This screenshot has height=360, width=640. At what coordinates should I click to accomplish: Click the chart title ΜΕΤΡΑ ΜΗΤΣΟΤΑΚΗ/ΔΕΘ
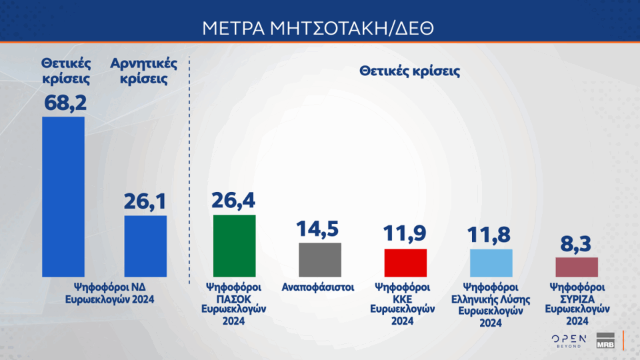pyautogui.click(x=318, y=28)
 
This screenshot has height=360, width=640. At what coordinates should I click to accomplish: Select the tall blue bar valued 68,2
pyautogui.click(x=63, y=197)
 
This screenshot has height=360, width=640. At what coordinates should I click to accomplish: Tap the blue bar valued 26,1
pyautogui.click(x=145, y=246)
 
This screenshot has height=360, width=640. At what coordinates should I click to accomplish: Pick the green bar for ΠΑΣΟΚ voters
pyautogui.click(x=234, y=246)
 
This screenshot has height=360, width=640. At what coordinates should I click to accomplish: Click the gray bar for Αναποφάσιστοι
pyautogui.click(x=320, y=260)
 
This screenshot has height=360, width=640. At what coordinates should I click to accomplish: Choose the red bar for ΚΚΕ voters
pyautogui.click(x=405, y=263)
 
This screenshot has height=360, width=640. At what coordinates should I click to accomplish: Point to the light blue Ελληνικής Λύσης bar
pyautogui.click(x=491, y=263)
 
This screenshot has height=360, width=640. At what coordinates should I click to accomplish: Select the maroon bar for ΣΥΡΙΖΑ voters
pyautogui.click(x=577, y=267)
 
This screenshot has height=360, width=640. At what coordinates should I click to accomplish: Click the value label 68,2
pyautogui.click(x=65, y=103)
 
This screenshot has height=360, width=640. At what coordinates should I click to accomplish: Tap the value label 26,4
pyautogui.click(x=233, y=200)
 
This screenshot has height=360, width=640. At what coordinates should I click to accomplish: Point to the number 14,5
pyautogui.click(x=317, y=229)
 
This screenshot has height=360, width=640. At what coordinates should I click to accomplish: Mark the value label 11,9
pyautogui.click(x=405, y=233)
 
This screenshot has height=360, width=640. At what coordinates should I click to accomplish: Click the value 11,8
pyautogui.click(x=489, y=235)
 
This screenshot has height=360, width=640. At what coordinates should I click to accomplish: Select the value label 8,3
pyautogui.click(x=575, y=244)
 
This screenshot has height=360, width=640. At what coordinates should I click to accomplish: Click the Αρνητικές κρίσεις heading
pyautogui.click(x=144, y=71)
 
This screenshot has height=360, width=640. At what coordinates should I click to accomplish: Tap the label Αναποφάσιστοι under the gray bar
pyautogui.click(x=318, y=287)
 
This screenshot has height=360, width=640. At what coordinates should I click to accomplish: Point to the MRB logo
pyautogui.click(x=605, y=341)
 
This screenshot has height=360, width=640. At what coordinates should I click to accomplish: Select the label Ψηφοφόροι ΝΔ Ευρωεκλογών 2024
pyautogui.click(x=110, y=293)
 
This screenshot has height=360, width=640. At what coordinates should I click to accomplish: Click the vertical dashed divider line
pyautogui.click(x=189, y=170)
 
